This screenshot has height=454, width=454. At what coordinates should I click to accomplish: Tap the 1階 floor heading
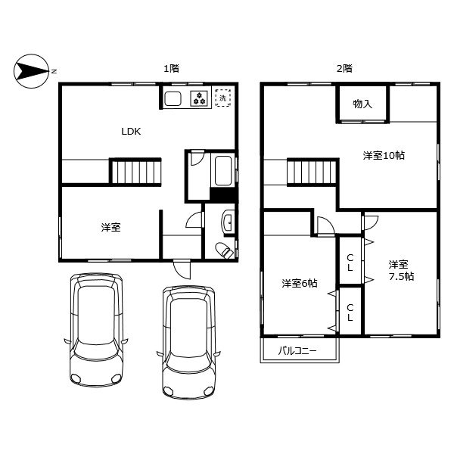click(x=171, y=68)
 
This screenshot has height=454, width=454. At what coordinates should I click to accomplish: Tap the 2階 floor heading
click(x=344, y=68)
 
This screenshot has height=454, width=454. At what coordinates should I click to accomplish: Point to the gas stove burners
click(x=200, y=98)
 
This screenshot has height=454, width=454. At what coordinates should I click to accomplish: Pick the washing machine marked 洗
click(x=223, y=98)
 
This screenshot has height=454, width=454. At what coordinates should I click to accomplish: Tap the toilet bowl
click(x=224, y=250)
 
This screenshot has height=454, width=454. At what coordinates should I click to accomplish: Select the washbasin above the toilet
click(x=228, y=222)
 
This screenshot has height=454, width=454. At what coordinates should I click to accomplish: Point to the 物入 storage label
click(x=363, y=103)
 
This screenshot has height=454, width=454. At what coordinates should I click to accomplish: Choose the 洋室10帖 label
click(x=383, y=156)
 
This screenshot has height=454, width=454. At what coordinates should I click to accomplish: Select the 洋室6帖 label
click(x=300, y=283)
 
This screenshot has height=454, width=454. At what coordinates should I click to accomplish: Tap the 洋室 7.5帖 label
click(x=400, y=270)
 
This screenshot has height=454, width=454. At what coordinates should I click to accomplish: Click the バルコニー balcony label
click(x=297, y=350)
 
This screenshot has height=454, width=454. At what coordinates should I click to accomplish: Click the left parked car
click(x=96, y=330)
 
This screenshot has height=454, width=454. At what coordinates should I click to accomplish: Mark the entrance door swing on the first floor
click(x=182, y=267)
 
